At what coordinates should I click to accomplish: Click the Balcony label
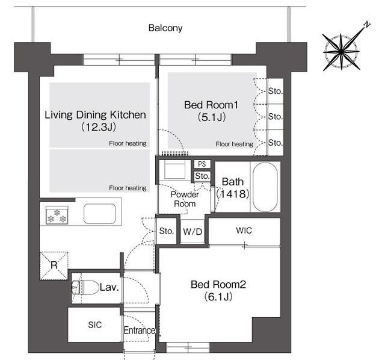pos(165,28)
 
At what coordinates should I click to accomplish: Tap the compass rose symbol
pos(341,52)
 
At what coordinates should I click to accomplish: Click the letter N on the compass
pos(367,24)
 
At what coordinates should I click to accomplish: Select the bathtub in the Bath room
pos(265,187)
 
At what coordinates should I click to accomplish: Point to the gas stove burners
pos(57,216)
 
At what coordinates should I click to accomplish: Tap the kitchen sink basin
pos(100,214)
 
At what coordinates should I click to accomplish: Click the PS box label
pos(202,164)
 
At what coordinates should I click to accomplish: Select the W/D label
pos(192,232)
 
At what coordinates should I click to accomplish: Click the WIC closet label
pos(244,231)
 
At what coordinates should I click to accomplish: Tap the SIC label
pos(95,325)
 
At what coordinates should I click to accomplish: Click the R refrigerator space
pos(54,265)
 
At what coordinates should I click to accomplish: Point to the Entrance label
pos(139,331)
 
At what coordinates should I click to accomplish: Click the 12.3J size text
pos(99,127)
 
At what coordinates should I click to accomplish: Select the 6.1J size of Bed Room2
pos(218,297)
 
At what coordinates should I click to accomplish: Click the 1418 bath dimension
pos(233,194)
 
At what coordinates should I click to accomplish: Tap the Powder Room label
pos(185,199)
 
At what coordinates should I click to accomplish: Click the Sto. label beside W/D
pos(167,231)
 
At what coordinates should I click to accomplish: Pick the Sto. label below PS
pos(202,176)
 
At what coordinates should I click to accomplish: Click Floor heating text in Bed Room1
pos(234,144)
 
